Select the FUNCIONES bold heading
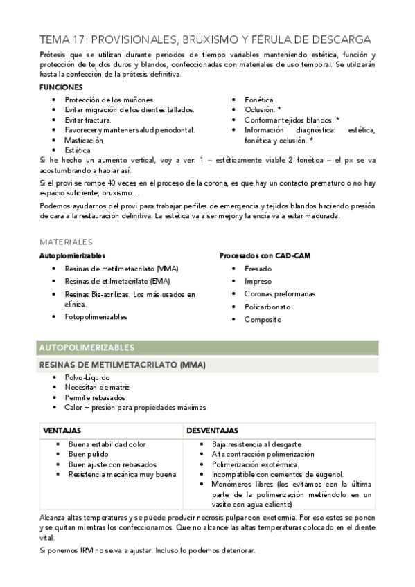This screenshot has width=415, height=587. (x=61, y=88)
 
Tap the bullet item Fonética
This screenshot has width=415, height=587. (x=258, y=100)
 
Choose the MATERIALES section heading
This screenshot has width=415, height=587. (x=66, y=242)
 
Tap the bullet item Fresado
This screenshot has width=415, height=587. (x=258, y=269)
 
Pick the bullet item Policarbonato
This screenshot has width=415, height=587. (x=267, y=307)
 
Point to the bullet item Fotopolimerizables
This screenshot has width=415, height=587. (x=96, y=316)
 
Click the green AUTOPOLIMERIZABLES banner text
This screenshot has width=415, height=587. (x=87, y=347)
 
